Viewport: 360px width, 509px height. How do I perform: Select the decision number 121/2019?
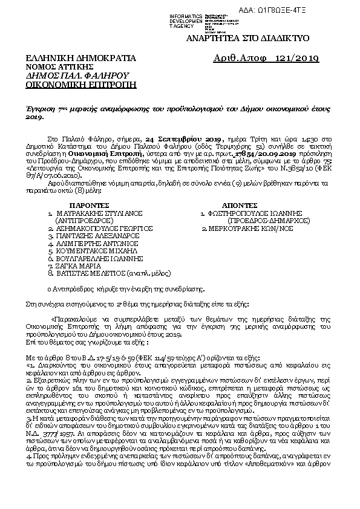296,58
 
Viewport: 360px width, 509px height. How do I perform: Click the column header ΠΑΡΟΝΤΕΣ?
87,206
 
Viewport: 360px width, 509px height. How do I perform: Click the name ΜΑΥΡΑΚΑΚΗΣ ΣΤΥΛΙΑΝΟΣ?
93,214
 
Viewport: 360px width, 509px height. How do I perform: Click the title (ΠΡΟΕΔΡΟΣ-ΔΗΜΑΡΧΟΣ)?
261,221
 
